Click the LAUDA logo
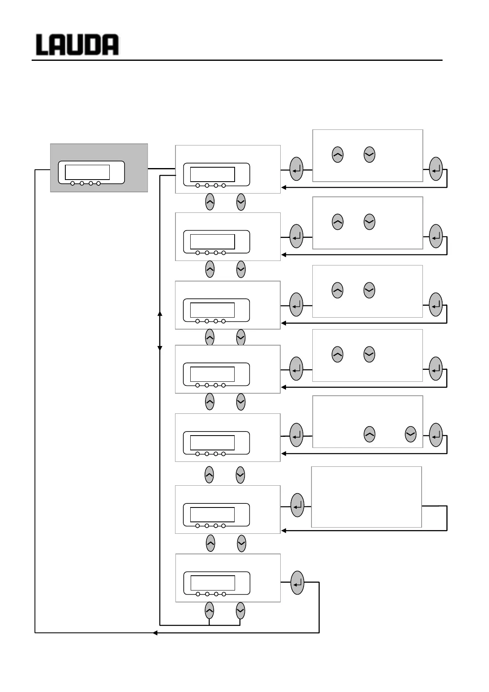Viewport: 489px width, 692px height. (x=77, y=45)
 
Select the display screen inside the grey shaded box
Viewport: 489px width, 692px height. (x=88, y=172)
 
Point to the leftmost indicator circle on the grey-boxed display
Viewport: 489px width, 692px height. (x=73, y=183)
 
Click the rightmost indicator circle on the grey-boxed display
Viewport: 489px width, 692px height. (x=99, y=183)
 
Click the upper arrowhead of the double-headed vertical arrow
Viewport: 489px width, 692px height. (x=160, y=314)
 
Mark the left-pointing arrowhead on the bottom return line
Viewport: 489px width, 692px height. (x=155, y=633)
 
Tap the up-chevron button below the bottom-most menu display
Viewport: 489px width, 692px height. (x=209, y=611)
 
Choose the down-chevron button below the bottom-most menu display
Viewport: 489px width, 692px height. (x=241, y=611)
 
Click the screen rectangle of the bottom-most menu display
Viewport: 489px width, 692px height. (x=213, y=583)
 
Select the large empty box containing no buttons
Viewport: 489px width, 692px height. (x=367, y=497)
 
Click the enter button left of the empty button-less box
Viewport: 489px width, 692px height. (x=297, y=505)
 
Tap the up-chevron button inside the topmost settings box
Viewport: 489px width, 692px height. (x=337, y=155)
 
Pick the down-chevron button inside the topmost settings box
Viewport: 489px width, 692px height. (x=369, y=155)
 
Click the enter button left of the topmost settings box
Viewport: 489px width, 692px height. (x=296, y=169)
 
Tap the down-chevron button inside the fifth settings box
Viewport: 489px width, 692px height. (x=411, y=434)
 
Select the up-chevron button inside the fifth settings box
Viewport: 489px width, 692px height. (x=369, y=434)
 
